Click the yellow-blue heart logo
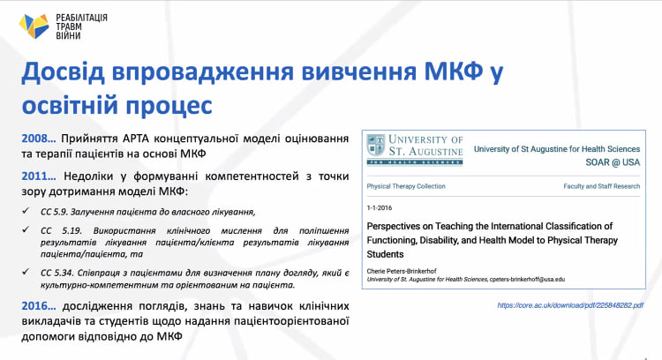34,26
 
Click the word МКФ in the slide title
453,71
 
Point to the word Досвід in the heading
63,71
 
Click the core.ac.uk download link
570,305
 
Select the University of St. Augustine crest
376,146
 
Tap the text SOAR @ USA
613,162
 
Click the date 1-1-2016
380,207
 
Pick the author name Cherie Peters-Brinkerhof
402,271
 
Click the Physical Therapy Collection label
406,186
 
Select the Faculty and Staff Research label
602,186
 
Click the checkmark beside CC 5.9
26,211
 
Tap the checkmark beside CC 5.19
26,229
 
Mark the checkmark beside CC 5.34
26,272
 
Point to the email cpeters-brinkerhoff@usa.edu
527,280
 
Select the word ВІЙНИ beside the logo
68,35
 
